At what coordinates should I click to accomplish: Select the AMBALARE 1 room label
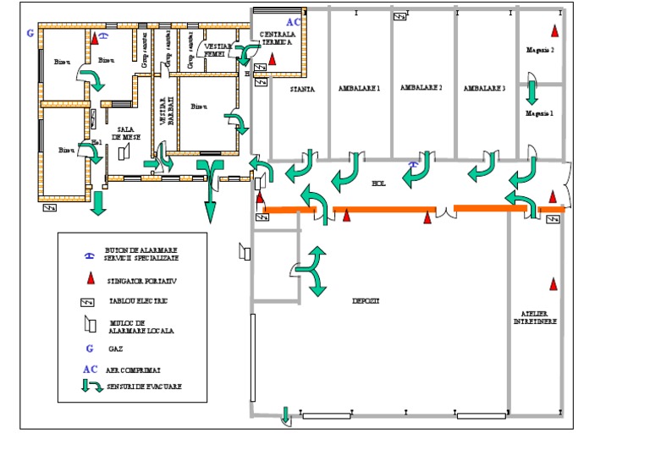coord(359,88)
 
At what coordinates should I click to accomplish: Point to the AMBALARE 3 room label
coord(485,88)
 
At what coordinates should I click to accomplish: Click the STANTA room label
coord(302,88)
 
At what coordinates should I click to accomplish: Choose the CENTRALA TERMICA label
coord(277,36)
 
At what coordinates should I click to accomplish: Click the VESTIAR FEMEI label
coord(217,49)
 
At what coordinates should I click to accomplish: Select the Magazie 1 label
coord(539,112)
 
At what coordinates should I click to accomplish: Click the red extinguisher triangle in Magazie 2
coord(554,31)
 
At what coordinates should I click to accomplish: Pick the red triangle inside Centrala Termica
coord(273,58)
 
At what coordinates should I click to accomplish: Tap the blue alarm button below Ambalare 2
coord(413,165)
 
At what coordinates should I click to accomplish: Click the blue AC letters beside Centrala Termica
coord(292,21)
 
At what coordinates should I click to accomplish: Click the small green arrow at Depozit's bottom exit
coord(285,414)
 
